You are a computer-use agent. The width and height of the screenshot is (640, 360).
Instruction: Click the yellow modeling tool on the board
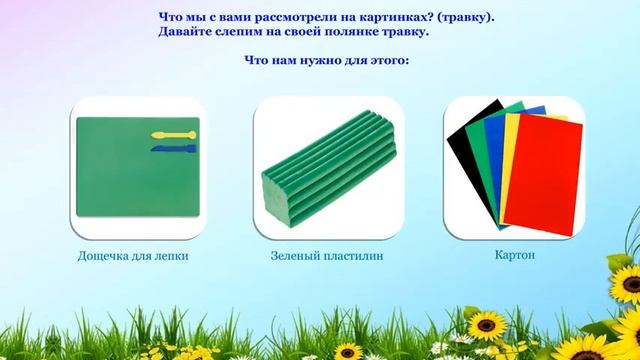pos(169,134)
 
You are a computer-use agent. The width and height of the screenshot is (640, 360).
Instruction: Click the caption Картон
pos(514,255)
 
